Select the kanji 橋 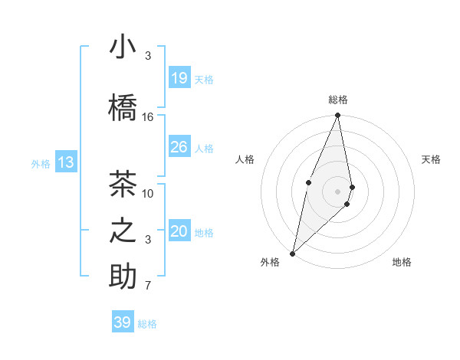[123, 108]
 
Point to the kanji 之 [123, 231]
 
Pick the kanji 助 [123, 277]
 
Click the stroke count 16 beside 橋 [148, 116]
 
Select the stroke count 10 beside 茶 [148, 193]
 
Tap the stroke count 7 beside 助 [148, 286]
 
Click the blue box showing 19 [179, 77]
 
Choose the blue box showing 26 [179, 147]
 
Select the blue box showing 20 [179, 231]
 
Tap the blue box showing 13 [66, 162]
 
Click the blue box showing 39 [122, 322]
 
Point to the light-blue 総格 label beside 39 [147, 324]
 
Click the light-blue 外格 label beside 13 [41, 163]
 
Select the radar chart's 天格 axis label [431, 159]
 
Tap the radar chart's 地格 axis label [402, 262]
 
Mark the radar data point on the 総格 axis [337, 116]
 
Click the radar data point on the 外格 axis [292, 253]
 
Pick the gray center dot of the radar [337, 191]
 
